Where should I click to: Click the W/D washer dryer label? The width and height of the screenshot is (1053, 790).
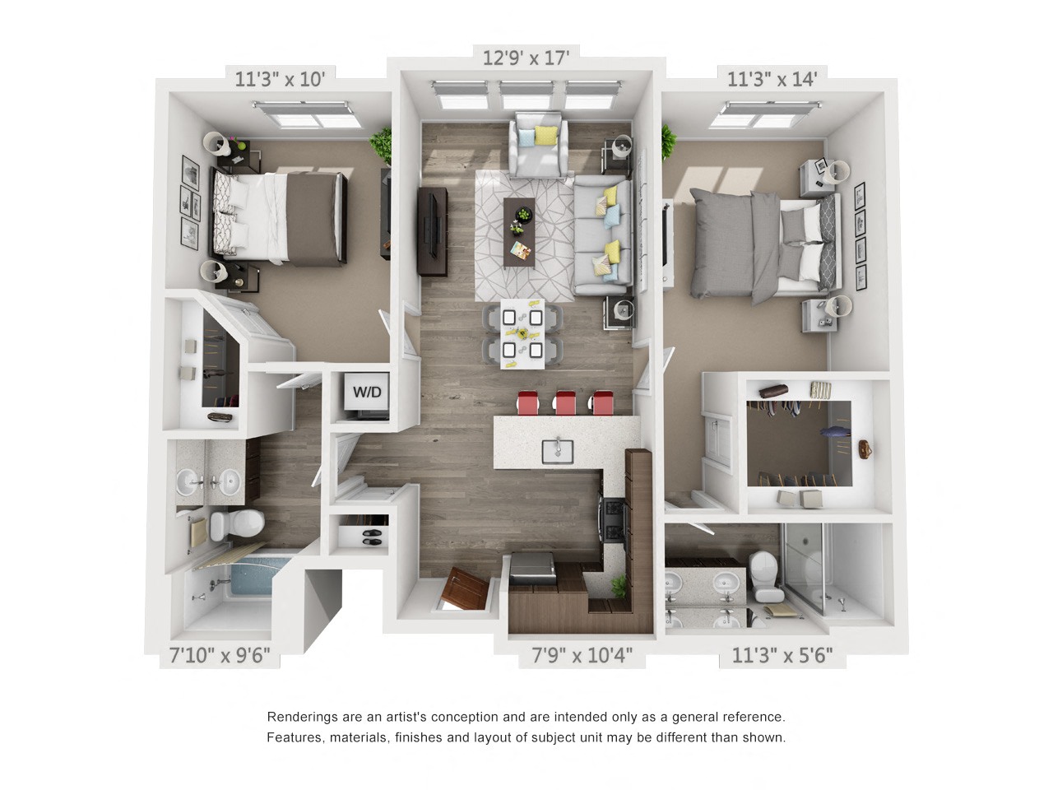coord(367,392)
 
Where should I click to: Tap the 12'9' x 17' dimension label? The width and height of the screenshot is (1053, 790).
coord(526,58)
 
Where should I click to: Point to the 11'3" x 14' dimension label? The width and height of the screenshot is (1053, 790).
coord(771,79)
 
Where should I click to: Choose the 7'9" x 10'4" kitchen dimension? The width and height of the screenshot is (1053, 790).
coord(582,655)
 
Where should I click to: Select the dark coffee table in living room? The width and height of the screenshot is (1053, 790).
coord(519,230)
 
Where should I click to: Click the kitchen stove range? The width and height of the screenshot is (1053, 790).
coord(615,518)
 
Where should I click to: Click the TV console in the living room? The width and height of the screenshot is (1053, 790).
coord(432,231)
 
